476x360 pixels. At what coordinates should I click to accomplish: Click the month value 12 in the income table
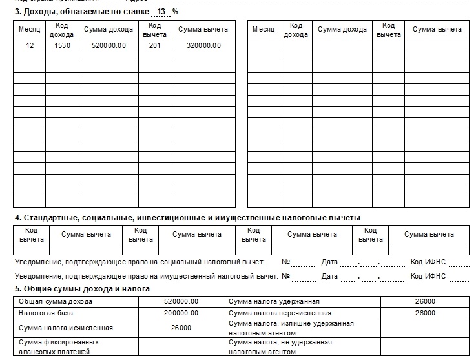[x=30, y=45]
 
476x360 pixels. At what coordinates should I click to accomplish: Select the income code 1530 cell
[x=62, y=45]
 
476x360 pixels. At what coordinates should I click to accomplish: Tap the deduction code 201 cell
[x=154, y=45]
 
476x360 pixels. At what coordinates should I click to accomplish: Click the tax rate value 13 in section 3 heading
[x=161, y=11]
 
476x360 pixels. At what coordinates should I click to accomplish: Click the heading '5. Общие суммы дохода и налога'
[x=82, y=288]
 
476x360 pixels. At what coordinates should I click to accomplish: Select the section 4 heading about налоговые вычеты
[x=187, y=217]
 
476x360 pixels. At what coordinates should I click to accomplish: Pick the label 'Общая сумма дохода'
[x=56, y=301]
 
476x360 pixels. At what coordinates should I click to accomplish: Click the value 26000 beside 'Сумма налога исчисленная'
[x=181, y=328]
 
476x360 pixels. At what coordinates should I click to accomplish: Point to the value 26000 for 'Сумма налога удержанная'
[x=425, y=301]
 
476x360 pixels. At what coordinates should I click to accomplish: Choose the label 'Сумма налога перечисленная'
[x=276, y=313]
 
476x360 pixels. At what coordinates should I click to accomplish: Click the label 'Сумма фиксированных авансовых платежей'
[x=59, y=346]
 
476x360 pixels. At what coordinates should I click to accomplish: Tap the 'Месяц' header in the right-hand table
[x=264, y=29]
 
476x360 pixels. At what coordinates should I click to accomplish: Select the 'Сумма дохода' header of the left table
[x=109, y=29]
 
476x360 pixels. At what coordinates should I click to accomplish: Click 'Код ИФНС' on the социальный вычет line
[x=428, y=262]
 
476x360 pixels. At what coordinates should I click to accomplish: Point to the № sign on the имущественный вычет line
[x=286, y=276]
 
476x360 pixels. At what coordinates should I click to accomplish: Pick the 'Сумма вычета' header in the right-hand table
[x=437, y=29]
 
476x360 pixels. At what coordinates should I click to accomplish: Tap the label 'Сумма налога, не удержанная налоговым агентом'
[x=280, y=346]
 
